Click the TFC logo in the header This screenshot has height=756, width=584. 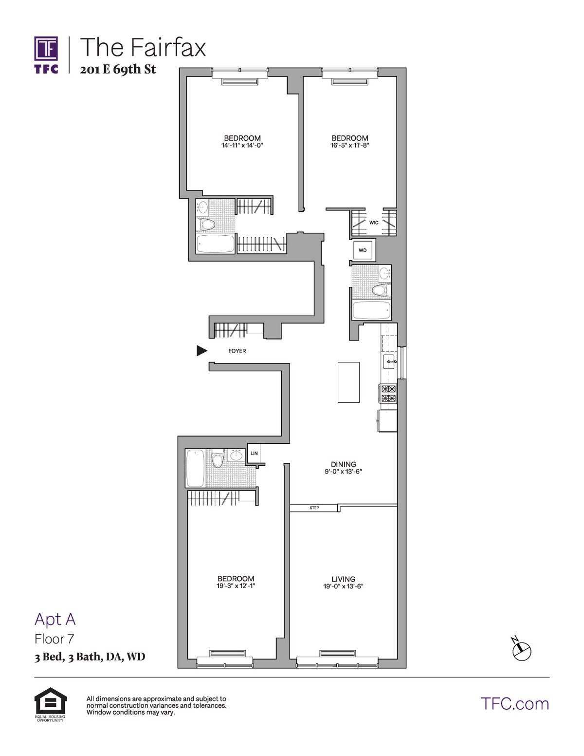(x=46, y=54)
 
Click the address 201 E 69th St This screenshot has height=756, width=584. (x=118, y=70)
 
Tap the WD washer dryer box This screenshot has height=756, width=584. (x=363, y=250)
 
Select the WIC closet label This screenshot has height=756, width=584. (x=374, y=223)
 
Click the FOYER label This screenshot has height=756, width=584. (x=237, y=351)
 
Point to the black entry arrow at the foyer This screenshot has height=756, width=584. (x=201, y=350)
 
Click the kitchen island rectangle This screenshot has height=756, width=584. (x=348, y=382)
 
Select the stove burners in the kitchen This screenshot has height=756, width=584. (x=389, y=394)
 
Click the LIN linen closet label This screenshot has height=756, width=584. (x=254, y=453)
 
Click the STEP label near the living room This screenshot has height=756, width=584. (x=314, y=508)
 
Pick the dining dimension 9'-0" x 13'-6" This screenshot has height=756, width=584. (x=344, y=472)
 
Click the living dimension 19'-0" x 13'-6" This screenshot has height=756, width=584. (x=344, y=586)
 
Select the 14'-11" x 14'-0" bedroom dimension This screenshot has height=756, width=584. (x=242, y=145)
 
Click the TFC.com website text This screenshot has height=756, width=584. (x=514, y=703)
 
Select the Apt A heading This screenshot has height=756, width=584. (x=55, y=619)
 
